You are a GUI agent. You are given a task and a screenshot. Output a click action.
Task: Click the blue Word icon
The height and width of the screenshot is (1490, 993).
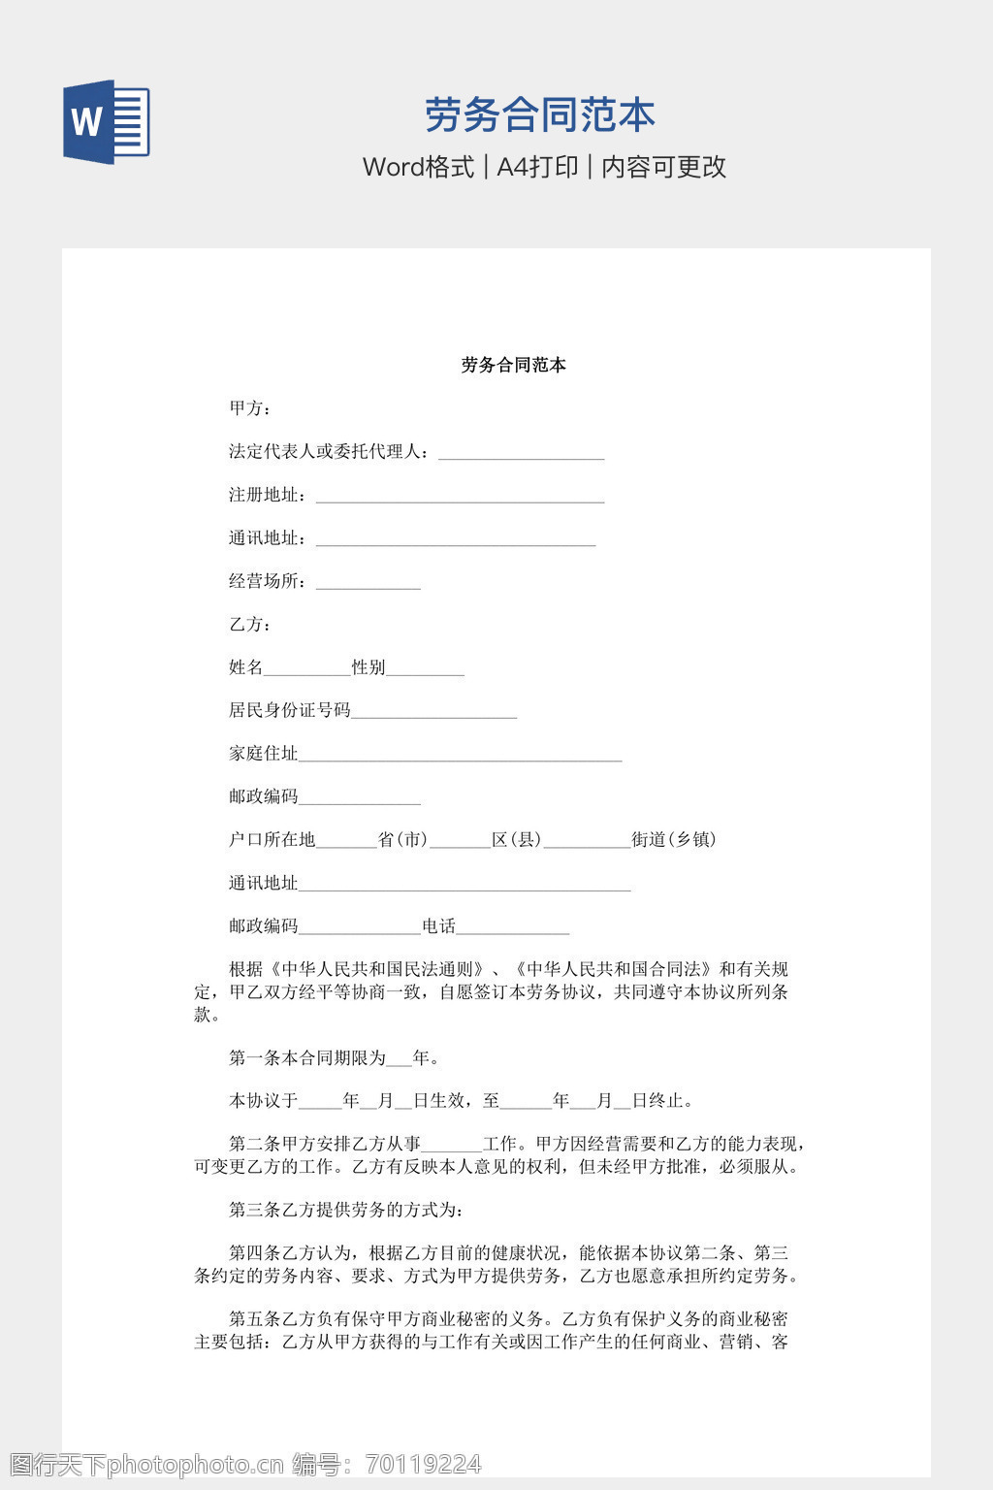click(107, 121)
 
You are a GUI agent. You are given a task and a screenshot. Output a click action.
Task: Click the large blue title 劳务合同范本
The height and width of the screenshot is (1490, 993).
click(539, 115)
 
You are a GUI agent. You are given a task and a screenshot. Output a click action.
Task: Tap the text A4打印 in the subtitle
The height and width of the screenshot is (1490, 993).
click(537, 167)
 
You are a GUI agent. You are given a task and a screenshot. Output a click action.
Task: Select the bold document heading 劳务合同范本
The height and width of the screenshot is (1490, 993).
click(513, 365)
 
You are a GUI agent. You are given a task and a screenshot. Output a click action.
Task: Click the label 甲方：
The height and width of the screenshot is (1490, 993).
click(250, 408)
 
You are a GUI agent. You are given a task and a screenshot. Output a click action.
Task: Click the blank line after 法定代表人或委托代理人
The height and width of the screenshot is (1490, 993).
click(521, 453)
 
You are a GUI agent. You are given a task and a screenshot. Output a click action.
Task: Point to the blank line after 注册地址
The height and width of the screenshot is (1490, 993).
click(460, 497)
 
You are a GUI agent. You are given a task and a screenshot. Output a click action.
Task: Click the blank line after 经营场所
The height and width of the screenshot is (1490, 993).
click(368, 583)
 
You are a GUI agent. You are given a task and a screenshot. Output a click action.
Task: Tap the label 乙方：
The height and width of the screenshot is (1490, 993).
click(250, 624)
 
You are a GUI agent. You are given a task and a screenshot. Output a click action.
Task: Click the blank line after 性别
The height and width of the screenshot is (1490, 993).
click(425, 669)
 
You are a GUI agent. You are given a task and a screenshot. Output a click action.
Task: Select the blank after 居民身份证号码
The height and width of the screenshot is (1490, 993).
click(433, 712)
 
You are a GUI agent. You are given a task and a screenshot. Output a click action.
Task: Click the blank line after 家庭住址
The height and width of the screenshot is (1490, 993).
click(460, 756)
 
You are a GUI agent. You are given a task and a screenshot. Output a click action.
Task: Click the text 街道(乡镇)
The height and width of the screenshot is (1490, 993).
click(674, 839)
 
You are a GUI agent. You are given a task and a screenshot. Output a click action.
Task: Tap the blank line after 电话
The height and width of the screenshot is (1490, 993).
click(512, 928)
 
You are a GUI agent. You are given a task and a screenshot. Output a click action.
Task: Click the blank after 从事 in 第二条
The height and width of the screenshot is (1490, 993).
click(451, 1146)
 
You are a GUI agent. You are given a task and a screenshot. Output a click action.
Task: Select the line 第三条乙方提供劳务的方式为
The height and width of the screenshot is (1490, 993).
click(346, 1210)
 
